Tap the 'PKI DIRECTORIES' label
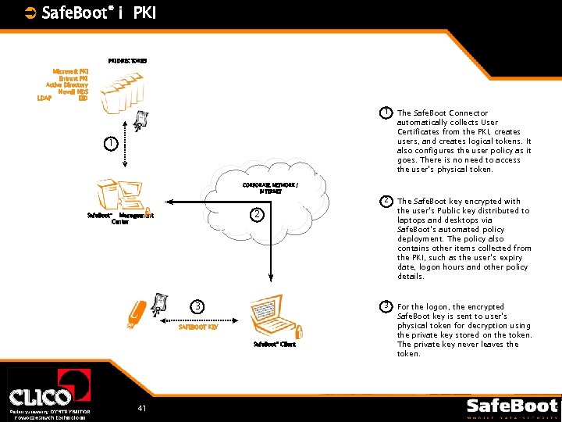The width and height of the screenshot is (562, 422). point(127,60)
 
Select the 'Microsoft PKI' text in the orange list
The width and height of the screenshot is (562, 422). point(70,71)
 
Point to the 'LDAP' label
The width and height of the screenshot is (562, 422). point(44,98)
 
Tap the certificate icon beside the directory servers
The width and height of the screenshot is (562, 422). point(141,119)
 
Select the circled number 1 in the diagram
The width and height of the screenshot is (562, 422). point(112,144)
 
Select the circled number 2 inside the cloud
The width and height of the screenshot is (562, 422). point(257,215)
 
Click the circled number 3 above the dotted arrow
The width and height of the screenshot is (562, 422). point(199,306)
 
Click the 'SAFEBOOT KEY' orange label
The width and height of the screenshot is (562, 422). point(198,327)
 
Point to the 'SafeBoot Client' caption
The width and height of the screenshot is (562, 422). point(275,344)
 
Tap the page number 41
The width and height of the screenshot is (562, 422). point(141,408)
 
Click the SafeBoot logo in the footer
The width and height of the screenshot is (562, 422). point(511,407)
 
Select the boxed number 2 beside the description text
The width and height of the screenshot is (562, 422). point(386,202)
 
